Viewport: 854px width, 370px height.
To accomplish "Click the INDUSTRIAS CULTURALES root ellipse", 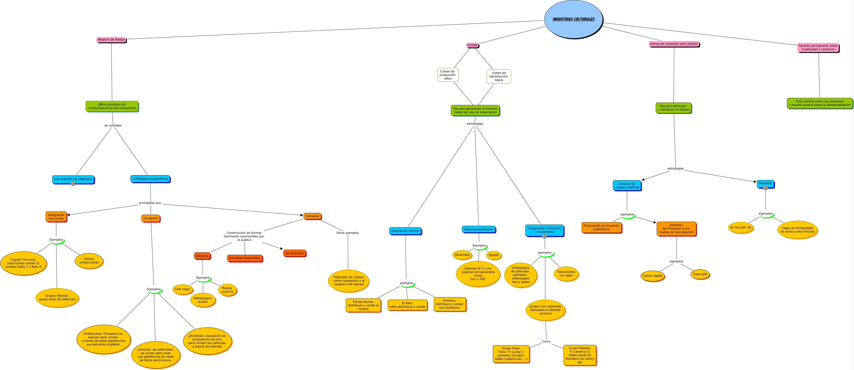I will pyautogui.click(x=573, y=19).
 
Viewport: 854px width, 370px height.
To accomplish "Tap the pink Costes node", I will pyautogui.click(x=472, y=45).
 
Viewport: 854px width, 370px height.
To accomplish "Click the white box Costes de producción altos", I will pyautogui.click(x=447, y=75).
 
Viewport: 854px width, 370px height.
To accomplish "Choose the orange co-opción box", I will pyautogui.click(x=150, y=218).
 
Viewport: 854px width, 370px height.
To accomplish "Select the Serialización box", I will pyautogui.click(x=294, y=253).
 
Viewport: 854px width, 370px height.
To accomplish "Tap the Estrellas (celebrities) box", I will pyautogui.click(x=245, y=258).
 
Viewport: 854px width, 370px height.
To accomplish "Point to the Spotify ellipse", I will pyautogui.click(x=494, y=255).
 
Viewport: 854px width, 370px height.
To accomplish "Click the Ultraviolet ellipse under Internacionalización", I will pyautogui.click(x=462, y=255).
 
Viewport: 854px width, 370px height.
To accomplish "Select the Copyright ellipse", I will pyautogui.click(x=700, y=274).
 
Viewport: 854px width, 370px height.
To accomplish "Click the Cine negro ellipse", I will pyautogui.click(x=183, y=289).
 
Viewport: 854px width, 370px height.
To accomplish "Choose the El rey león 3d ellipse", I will pyautogui.click(x=741, y=228).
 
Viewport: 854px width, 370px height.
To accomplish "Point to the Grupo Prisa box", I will pyautogui.click(x=511, y=354).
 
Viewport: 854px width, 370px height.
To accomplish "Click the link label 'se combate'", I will pyautogui.click(x=113, y=125).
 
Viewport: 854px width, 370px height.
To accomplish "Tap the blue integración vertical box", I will pyautogui.click(x=405, y=231).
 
